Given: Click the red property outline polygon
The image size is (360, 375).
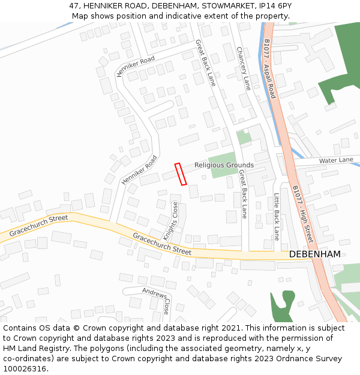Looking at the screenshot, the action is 181,174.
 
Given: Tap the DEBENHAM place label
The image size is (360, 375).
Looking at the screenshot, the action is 314,254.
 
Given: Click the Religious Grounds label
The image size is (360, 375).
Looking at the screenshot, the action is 224,165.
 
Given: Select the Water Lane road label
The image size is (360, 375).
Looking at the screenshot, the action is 336,160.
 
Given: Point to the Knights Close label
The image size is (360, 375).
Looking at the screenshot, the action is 171,221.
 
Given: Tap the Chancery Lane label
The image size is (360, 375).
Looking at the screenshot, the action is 243,68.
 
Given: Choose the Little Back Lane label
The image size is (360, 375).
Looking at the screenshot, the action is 277,217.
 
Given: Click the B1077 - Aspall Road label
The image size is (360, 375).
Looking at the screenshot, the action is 269,68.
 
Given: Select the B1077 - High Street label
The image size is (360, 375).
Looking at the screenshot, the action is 303,213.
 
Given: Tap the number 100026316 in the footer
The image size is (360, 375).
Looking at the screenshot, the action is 25,369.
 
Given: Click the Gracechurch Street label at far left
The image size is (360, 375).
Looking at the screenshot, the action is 39,226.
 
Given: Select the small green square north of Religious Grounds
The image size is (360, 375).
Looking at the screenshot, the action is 244,137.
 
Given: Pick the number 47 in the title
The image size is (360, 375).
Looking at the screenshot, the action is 74,5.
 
